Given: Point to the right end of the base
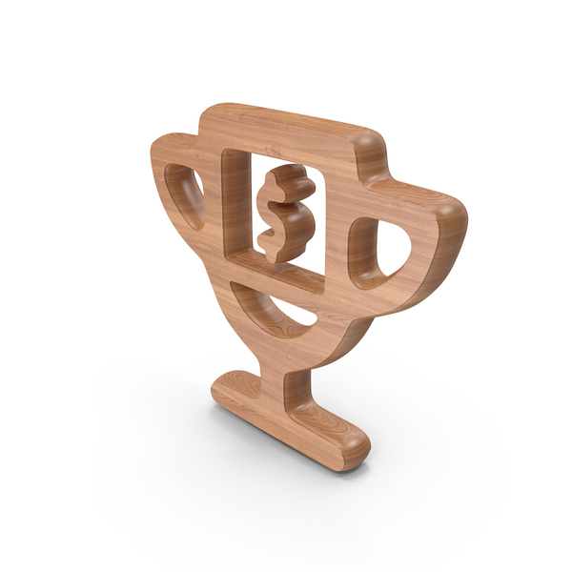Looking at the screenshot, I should (355, 444).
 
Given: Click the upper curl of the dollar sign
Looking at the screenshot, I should (286, 181).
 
